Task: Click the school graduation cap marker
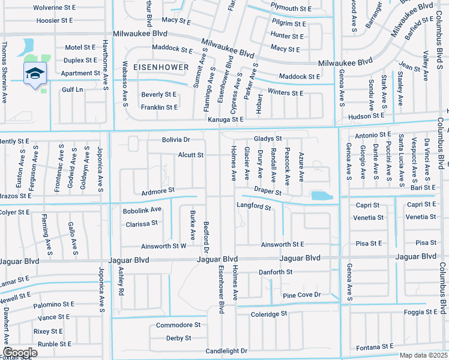tap(35, 73)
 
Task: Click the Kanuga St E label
tap(225, 120)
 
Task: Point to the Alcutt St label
tap(191, 155)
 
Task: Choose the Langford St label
tap(255, 208)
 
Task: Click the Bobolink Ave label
tap(142, 210)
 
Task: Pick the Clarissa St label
tap(142, 223)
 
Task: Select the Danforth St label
tap(276, 272)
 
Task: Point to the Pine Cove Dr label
tap(303, 295)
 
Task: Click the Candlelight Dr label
tap(226, 350)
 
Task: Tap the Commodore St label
tap(178, 325)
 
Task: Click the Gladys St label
tap(268, 139)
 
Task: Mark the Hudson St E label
tap(366, 116)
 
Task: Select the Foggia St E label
tap(420, 312)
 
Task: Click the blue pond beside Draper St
tap(322, 196)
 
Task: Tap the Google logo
tap(20, 353)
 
